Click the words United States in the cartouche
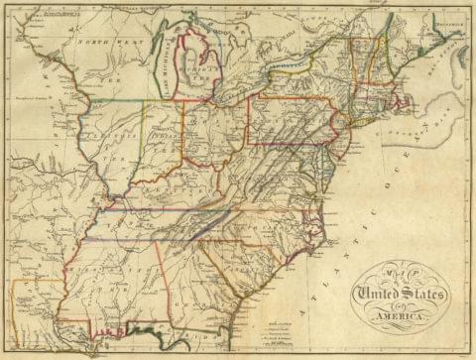[x=402, y=295]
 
